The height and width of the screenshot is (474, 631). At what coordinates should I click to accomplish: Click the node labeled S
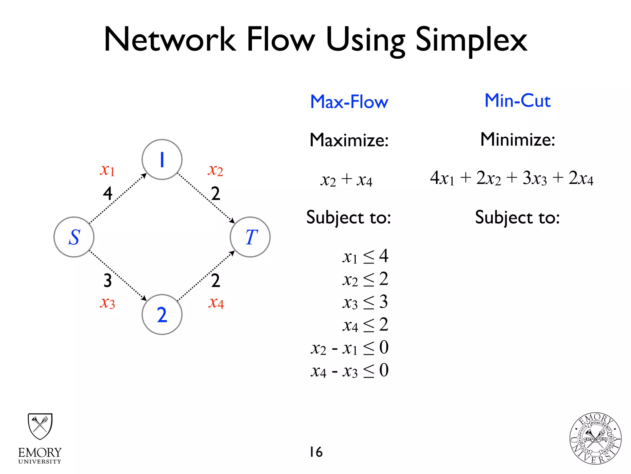[74, 237]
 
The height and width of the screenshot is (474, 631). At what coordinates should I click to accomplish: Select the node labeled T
[250, 237]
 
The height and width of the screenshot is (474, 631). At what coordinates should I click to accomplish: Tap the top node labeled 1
[162, 160]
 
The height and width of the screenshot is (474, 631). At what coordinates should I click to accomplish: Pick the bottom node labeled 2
[162, 314]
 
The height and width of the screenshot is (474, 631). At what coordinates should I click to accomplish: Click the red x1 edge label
[107, 170]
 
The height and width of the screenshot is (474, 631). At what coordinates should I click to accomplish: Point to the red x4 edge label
[216, 303]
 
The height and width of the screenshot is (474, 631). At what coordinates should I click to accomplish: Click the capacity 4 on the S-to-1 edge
[108, 193]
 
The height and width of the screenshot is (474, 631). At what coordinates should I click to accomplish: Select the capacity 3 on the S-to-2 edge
[108, 281]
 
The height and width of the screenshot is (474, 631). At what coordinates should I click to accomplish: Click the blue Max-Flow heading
[349, 102]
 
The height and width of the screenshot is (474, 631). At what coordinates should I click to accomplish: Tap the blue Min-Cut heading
[518, 101]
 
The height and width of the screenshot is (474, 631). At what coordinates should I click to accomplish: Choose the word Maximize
[349, 140]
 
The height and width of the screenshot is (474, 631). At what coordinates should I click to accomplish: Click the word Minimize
[518, 139]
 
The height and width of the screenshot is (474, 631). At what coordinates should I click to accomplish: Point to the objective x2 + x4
[346, 180]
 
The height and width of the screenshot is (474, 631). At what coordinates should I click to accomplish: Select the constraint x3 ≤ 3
[365, 302]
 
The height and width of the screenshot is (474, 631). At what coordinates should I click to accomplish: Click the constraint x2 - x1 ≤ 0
[349, 348]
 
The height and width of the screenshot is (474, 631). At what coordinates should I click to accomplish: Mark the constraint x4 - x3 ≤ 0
[349, 371]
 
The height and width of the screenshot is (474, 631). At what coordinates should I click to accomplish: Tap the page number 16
[316, 452]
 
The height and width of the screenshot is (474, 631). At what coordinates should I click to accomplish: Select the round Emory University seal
[595, 439]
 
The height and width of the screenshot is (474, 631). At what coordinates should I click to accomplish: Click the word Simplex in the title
[471, 40]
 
